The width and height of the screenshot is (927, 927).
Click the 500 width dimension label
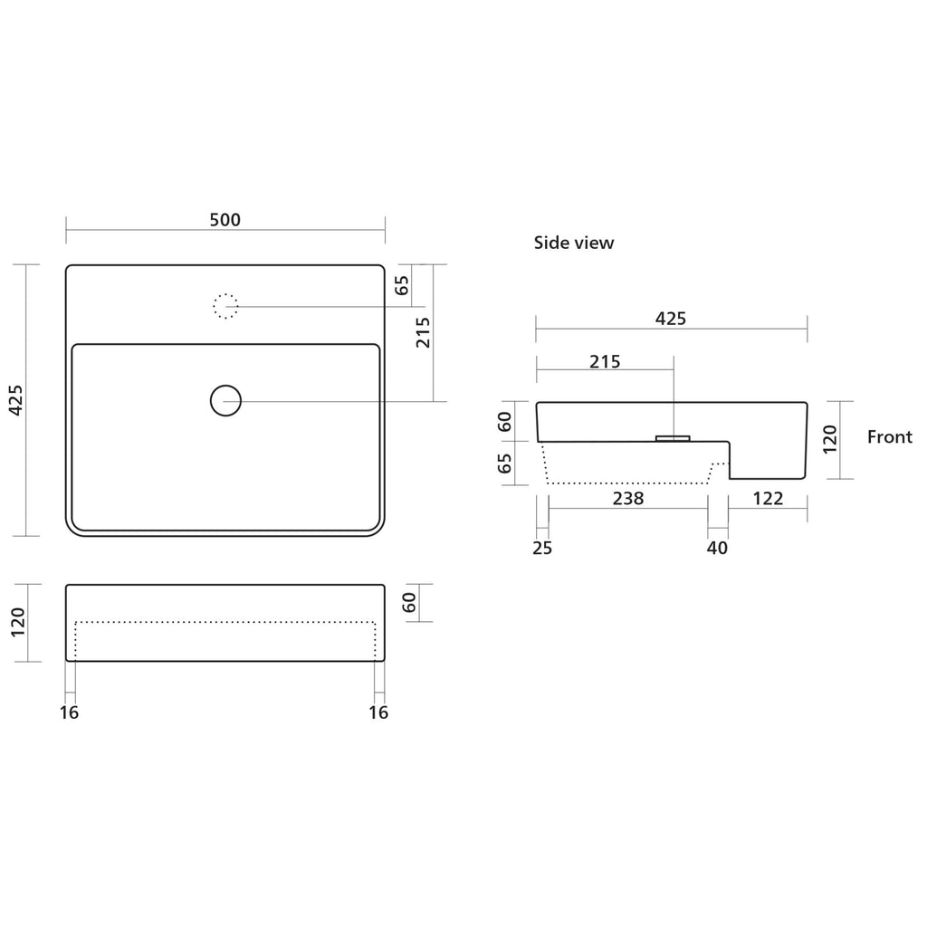(225, 220)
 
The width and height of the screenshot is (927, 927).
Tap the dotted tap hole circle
(225, 306)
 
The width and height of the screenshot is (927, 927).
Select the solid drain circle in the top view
(225, 401)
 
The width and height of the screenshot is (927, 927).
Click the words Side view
(573, 243)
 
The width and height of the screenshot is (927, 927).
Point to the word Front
(889, 437)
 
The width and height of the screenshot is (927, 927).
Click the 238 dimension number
(628, 499)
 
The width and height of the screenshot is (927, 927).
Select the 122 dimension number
(768, 499)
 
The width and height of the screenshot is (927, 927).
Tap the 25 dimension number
(542, 548)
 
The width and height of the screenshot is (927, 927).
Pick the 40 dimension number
(717, 548)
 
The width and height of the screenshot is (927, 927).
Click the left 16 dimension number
(69, 712)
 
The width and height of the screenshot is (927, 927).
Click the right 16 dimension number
(378, 712)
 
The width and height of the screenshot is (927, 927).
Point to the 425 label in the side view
(671, 319)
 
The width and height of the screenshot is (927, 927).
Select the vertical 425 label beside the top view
(16, 400)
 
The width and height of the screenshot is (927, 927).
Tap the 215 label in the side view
(605, 361)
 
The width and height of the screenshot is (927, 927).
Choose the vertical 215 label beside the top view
(423, 332)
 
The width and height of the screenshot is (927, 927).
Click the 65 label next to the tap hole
(401, 285)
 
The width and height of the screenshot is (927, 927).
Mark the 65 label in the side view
(504, 463)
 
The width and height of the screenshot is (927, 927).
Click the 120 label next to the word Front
(830, 439)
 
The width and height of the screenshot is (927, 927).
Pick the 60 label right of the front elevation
(408, 602)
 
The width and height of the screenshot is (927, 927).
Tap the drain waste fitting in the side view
(673, 438)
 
